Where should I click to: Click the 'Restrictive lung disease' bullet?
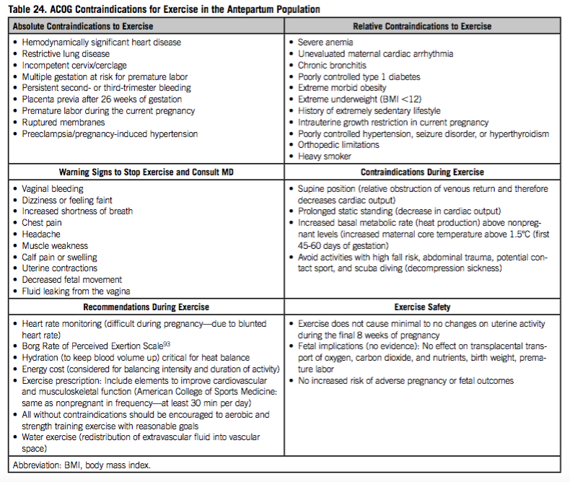coord(66,54)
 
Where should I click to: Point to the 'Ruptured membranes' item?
coord(62,123)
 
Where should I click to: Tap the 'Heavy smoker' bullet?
coord(325,157)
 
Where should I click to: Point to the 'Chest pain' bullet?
coord(44,223)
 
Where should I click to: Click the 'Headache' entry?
coord(42,235)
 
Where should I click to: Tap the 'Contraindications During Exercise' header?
coord(422,172)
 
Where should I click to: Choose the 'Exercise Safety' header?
coord(422,307)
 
